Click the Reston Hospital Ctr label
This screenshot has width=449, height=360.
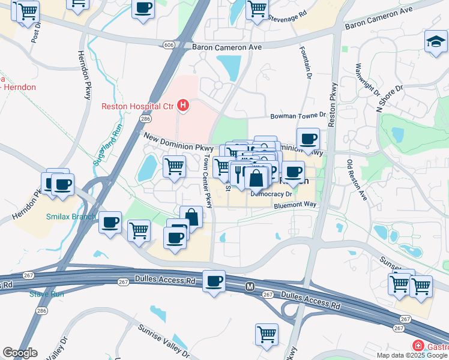(x=137, y=106)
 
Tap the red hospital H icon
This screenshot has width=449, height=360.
(x=184, y=106)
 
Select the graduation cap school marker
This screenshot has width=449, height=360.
(x=436, y=41)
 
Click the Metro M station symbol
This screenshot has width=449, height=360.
(x=250, y=287)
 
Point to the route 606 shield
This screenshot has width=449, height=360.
(x=169, y=45)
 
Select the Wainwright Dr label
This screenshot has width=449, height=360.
(x=368, y=80)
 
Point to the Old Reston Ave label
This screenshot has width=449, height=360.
(x=356, y=179)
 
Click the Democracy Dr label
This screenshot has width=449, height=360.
(x=271, y=194)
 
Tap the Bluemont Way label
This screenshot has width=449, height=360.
(x=295, y=205)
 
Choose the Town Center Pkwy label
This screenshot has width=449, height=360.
(x=208, y=182)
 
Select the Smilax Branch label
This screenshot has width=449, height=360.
(x=71, y=217)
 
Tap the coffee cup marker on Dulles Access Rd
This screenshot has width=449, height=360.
(x=214, y=281)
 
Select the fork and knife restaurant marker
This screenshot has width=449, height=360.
(x=238, y=175)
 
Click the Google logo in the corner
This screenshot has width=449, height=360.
(x=19, y=353)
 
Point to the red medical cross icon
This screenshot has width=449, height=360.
(x=417, y=346)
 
